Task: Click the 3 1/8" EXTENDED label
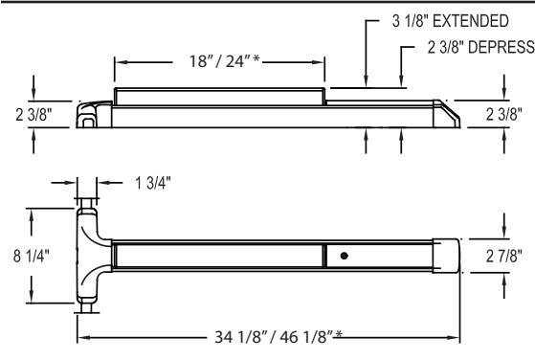coord(451,21)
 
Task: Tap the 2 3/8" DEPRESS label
coord(481,47)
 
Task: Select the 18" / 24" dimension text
coord(220,61)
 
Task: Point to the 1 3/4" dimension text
coord(152,183)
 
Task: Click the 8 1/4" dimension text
coord(31,256)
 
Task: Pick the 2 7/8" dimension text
coord(504,256)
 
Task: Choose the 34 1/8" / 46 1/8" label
coord(274,337)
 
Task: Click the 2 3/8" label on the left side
coord(33,115)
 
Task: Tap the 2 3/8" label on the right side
coord(504,114)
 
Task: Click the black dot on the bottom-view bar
coord(344,256)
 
